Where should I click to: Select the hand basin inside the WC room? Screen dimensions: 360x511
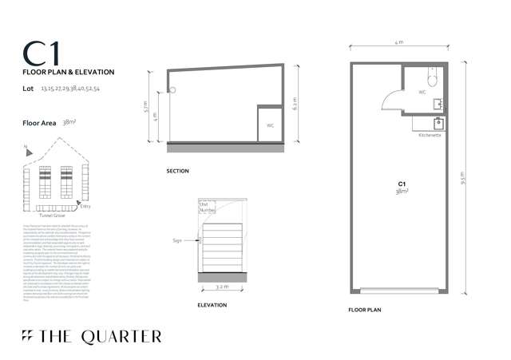tap(438, 103)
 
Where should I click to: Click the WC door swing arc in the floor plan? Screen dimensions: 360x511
tap(391, 100)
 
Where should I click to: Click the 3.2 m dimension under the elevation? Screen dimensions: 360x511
tap(222, 285)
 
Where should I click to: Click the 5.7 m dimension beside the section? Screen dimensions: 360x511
tap(145, 105)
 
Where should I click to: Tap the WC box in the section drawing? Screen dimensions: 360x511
tap(269, 126)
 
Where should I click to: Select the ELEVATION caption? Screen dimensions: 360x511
tap(212, 305)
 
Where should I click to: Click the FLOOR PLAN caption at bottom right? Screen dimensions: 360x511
tap(366, 308)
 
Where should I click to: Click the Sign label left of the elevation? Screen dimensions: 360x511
tap(176, 239)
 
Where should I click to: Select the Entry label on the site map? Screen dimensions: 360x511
tap(85, 207)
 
